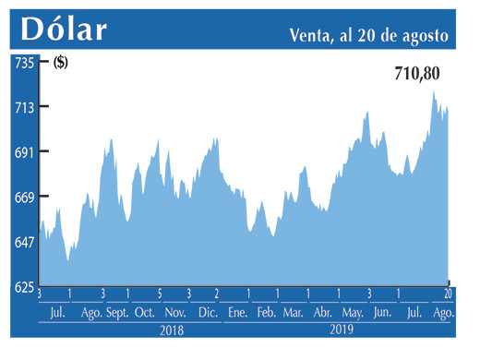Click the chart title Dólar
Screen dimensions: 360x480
[x=64, y=30]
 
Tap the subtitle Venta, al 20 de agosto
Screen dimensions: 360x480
[x=369, y=34]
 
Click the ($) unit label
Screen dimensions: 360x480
[x=62, y=63]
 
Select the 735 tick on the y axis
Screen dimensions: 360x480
[x=23, y=63]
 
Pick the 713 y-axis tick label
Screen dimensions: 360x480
[x=23, y=107]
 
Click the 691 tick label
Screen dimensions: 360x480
[x=23, y=152]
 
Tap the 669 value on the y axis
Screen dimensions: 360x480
[x=23, y=198]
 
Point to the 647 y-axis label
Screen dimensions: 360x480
[x=23, y=242]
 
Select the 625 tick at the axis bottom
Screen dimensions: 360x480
[x=23, y=287]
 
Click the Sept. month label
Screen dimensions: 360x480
[x=118, y=313]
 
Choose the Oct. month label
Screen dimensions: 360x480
[x=145, y=313]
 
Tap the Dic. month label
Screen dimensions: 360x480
[x=207, y=313]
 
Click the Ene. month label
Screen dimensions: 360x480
[x=237, y=313]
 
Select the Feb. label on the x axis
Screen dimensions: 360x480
[x=266, y=313]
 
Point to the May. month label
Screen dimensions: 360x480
[x=353, y=313]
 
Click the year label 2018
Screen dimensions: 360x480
[x=172, y=330]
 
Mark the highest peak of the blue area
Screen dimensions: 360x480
[x=433, y=90]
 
